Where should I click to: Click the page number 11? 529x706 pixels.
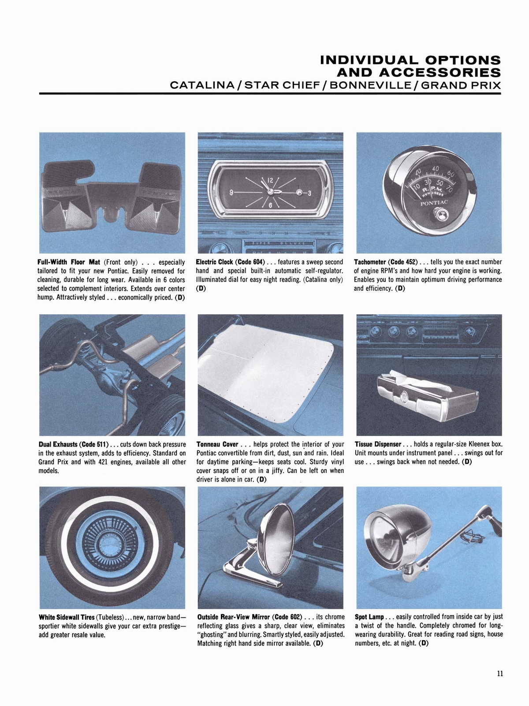499,673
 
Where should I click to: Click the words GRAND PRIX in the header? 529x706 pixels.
461,85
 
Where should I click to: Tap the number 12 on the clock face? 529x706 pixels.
271,180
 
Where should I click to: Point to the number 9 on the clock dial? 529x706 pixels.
231,192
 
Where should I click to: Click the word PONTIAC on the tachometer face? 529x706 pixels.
434,203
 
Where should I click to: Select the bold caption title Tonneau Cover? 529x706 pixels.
217,444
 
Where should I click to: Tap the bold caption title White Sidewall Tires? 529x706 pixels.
67,617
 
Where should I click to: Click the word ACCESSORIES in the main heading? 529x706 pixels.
419,72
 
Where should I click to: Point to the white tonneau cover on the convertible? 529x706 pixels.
264,375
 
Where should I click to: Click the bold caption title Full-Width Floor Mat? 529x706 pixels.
69,262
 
